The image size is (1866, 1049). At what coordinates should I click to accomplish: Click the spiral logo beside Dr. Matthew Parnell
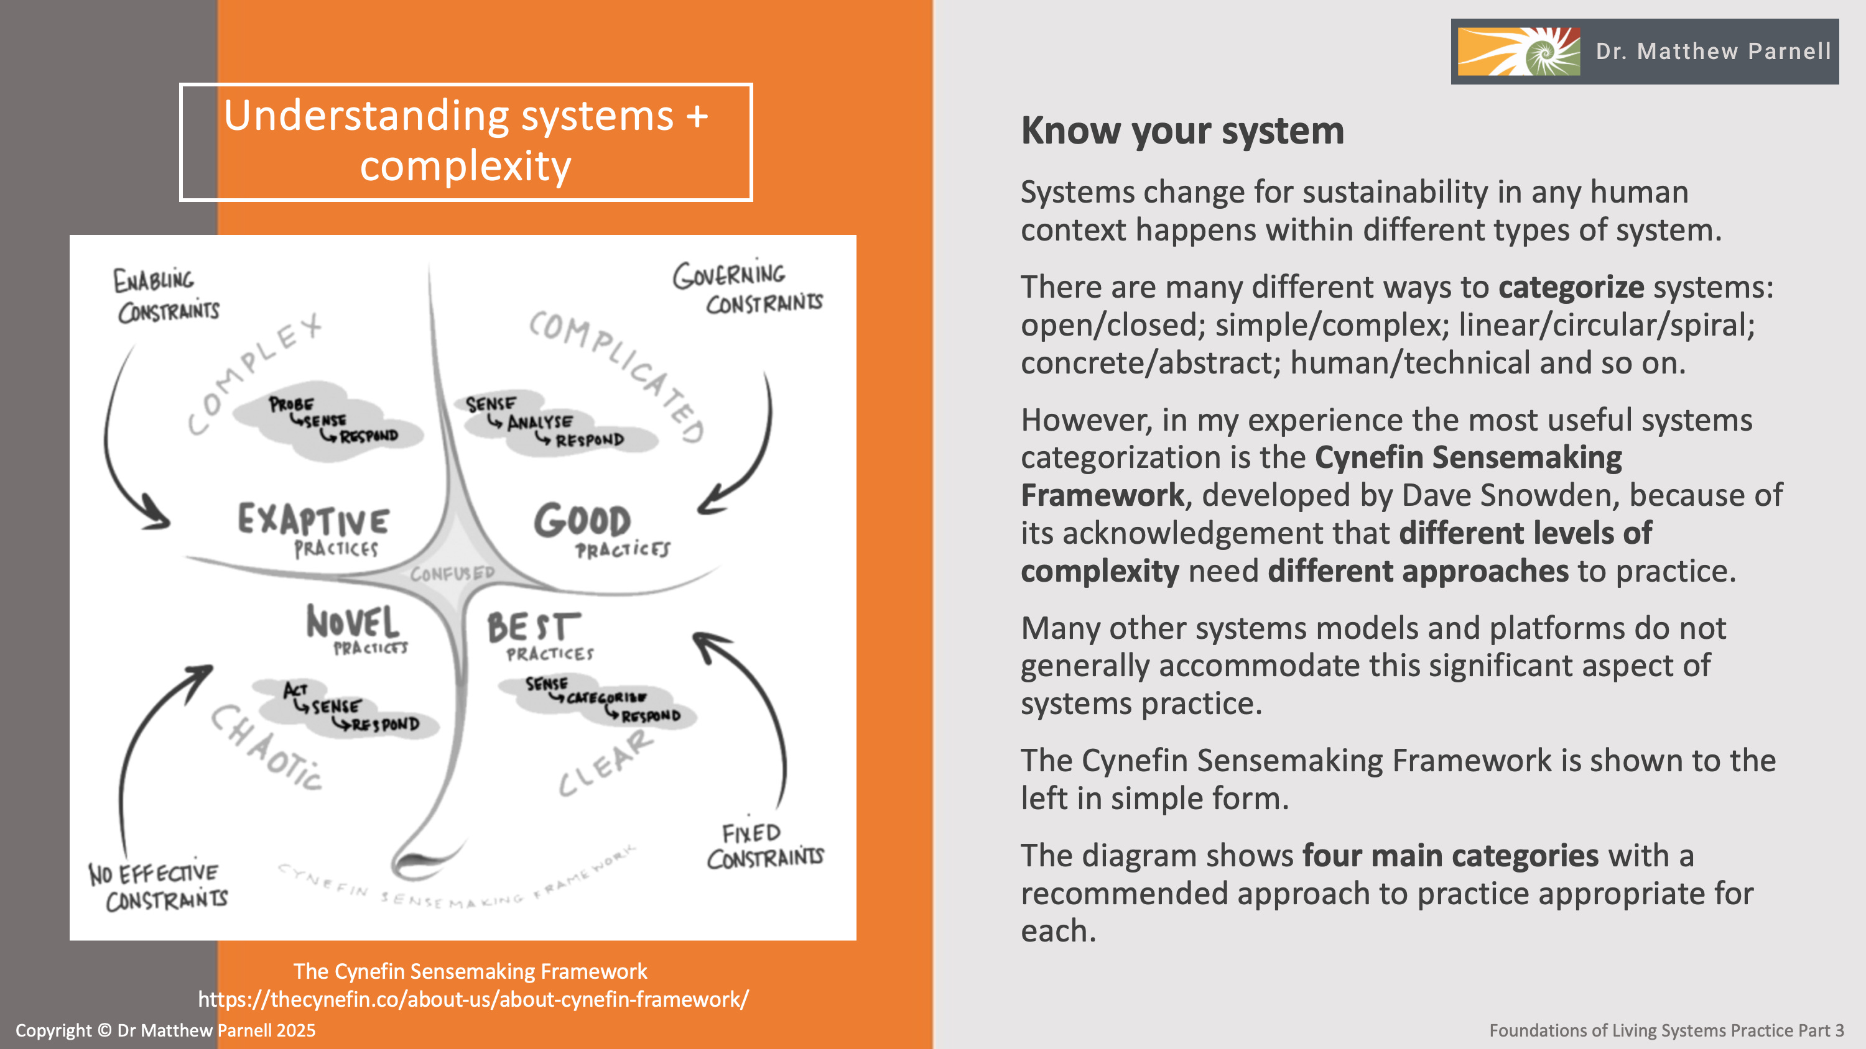pos(1518,52)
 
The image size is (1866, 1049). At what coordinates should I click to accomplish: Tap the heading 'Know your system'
pos(1182,131)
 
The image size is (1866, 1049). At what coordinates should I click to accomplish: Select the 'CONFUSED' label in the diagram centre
pos(452,574)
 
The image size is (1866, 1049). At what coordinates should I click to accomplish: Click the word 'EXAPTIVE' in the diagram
pos(313,520)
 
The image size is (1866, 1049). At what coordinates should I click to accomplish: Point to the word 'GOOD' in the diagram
pos(582,521)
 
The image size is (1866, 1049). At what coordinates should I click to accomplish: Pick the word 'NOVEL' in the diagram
pos(352,622)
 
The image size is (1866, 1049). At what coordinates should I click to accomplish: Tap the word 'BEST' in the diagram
pos(533,627)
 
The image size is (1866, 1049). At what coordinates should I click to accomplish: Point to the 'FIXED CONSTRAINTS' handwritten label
pos(764,846)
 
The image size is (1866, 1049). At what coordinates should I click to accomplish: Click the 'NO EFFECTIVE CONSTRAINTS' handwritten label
pos(157,886)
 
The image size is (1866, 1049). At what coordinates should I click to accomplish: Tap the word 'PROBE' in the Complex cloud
pos(291,404)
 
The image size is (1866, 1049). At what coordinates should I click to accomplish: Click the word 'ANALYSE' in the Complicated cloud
pos(540,422)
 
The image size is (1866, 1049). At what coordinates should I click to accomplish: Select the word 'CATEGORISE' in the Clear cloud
pos(606,698)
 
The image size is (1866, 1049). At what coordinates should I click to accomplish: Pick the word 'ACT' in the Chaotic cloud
pos(295,690)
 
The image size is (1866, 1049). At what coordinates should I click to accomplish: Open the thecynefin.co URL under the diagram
pos(473,999)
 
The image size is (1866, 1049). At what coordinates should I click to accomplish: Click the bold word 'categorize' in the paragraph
pos(1571,287)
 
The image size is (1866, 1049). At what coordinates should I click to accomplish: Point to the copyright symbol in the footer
pos(104,1030)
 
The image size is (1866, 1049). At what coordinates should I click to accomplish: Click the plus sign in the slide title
pos(697,116)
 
